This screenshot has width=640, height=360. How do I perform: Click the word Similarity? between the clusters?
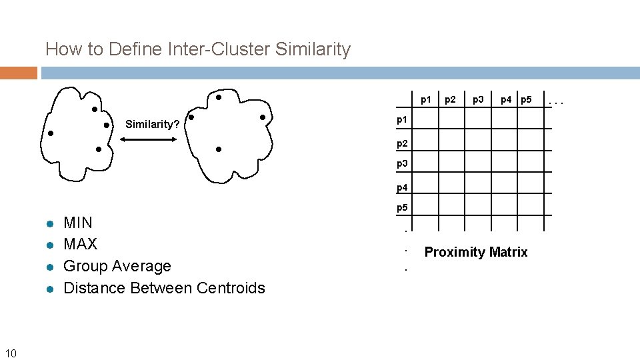pyautogui.click(x=153, y=125)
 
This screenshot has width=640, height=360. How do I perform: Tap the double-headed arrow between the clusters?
pyautogui.click(x=147, y=139)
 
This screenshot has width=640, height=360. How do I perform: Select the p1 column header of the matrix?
pyautogui.click(x=425, y=100)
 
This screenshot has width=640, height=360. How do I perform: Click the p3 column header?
pyautogui.click(x=478, y=100)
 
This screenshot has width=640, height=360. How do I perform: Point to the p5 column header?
pyautogui.click(x=527, y=100)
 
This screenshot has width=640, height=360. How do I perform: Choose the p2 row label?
pyautogui.click(x=402, y=143)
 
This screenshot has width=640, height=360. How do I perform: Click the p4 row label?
pyautogui.click(x=402, y=187)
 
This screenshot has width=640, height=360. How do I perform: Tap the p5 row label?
pyautogui.click(x=402, y=208)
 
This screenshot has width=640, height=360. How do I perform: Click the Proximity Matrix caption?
pyautogui.click(x=476, y=252)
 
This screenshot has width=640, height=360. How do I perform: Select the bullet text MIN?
pyautogui.click(x=78, y=223)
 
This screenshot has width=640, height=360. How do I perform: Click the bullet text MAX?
pyautogui.click(x=80, y=244)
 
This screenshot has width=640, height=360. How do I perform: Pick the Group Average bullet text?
pyautogui.click(x=117, y=266)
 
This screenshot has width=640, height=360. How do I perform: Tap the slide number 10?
pyautogui.click(x=11, y=352)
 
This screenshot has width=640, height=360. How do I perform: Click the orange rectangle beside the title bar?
pyautogui.click(x=19, y=73)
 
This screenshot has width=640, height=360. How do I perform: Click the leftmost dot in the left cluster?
pyautogui.click(x=51, y=133)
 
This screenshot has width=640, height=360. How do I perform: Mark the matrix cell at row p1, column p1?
pyautogui.click(x=430, y=119)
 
